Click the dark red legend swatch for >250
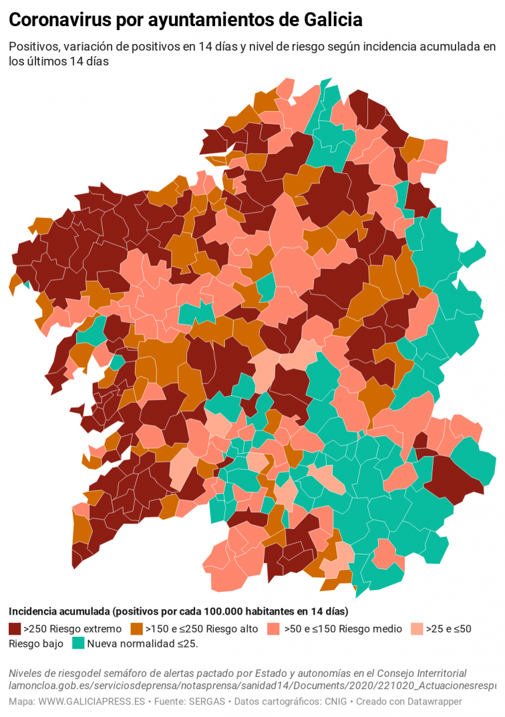(15, 629)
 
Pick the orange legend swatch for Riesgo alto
(136, 629)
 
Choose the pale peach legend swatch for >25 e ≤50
(416, 629)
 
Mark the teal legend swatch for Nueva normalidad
(78, 643)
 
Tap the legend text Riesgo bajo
(36, 643)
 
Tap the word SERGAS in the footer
(208, 702)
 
